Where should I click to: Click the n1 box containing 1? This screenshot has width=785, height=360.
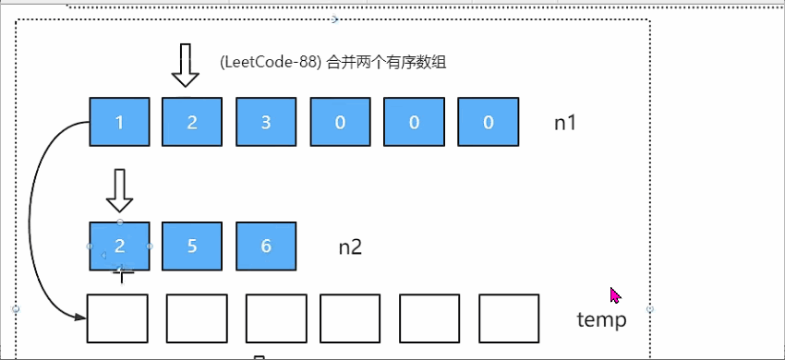pos(119,121)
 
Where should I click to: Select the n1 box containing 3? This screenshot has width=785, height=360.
pos(266,121)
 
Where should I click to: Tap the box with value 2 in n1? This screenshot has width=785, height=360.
pos(192,121)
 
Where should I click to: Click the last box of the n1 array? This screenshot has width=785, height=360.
pos(488,121)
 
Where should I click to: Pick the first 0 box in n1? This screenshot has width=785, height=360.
pos(340,121)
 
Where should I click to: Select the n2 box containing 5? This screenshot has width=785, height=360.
pos(192,246)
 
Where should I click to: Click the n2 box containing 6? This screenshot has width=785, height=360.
pos(266,246)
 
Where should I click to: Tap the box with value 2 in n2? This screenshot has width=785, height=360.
pos(119,246)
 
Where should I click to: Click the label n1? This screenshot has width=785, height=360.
pos(565,122)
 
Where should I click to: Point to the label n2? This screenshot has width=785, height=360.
pos(350,246)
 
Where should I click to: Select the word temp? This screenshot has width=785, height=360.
pos(601,319)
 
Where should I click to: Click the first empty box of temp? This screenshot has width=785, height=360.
pos(117,318)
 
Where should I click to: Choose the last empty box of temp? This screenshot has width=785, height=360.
pos(508,318)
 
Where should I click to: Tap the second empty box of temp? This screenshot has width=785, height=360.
pos(196,318)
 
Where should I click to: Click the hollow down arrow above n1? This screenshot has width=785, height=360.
pos(185,65)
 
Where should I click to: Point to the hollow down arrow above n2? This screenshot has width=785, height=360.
pos(120,190)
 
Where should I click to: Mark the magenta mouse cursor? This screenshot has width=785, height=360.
pos(615,295)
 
